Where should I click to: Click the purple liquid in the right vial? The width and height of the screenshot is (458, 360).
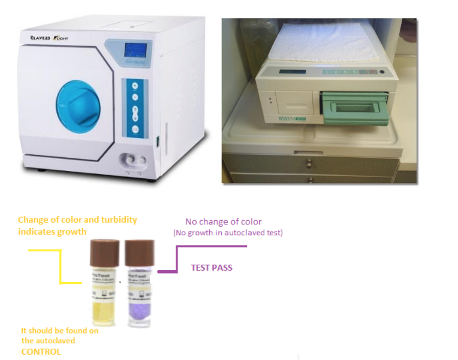click(x=139, y=308)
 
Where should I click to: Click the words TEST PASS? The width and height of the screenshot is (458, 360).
click(x=212, y=268)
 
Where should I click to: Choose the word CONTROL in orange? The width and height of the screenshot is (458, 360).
click(x=41, y=352)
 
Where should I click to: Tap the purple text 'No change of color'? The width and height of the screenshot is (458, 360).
click(x=223, y=221)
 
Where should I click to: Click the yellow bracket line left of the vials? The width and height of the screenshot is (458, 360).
click(x=60, y=268)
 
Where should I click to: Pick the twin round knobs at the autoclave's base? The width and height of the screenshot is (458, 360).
click(x=132, y=160)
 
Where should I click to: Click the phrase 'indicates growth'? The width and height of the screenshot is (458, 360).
click(x=52, y=232)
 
